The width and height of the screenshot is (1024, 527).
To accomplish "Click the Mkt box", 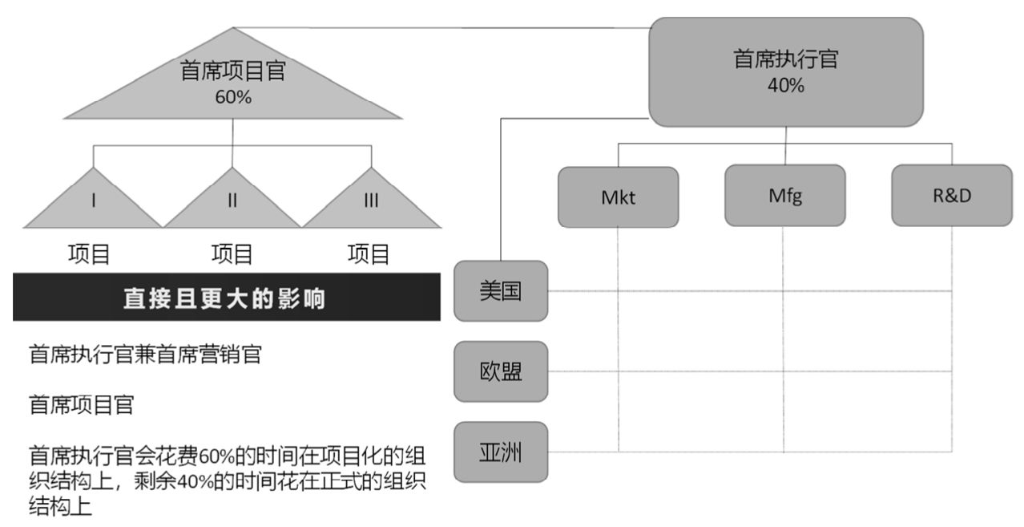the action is (618, 197).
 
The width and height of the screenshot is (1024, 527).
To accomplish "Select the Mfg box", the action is (785, 196).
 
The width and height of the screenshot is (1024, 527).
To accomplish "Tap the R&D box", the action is (952, 196).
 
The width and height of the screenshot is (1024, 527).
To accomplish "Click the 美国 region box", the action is (501, 291).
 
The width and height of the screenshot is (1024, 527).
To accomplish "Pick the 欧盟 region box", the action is (501, 371).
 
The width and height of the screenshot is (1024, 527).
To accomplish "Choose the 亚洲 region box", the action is (501, 452).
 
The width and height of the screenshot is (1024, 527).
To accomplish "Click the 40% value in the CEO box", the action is (786, 86).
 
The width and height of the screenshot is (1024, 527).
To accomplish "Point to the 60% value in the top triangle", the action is (233, 97).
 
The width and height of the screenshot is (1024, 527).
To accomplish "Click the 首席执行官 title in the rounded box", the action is (786, 59).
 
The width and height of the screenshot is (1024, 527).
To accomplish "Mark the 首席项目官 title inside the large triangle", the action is (233, 71).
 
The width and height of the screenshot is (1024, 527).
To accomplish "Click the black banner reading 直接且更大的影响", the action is (227, 297).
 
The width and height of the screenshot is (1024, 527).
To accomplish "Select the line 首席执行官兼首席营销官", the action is (145, 355).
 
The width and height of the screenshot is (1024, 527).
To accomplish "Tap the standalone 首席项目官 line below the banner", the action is (82, 405).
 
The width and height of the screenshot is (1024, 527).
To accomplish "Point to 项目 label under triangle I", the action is (89, 254).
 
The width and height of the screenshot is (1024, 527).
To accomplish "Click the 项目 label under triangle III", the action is (369, 254).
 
